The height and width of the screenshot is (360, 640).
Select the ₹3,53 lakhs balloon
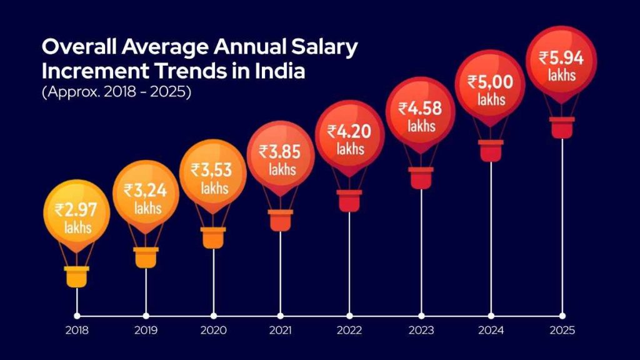click(x=213, y=175)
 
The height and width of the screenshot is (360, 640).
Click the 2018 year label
click(x=76, y=330)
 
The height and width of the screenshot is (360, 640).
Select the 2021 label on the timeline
click(x=281, y=330)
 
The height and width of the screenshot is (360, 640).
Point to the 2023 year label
click(x=421, y=330)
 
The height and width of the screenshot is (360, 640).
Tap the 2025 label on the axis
click(x=562, y=330)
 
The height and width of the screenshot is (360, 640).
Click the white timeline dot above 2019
click(x=146, y=316)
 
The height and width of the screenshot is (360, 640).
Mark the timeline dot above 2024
click(x=491, y=316)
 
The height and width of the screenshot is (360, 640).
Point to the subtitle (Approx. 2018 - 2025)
click(x=116, y=91)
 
